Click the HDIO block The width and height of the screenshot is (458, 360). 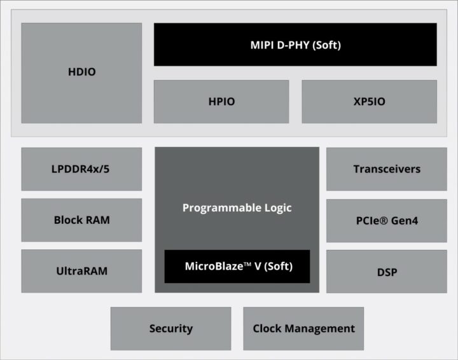(81, 73)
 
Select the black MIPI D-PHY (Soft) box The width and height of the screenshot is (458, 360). (295, 45)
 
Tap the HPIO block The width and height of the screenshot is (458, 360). (221, 101)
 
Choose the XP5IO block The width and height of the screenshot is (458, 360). (369, 101)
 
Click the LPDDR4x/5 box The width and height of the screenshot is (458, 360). (81, 169)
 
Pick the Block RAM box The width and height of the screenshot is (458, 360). (81, 220)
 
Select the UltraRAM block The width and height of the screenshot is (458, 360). (81, 271)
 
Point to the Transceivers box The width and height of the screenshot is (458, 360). (387, 169)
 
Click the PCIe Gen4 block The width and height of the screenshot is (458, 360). (387, 220)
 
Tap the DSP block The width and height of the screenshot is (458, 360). (387, 272)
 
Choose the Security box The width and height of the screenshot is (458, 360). (170, 328)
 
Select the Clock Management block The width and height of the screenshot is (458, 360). (303, 328)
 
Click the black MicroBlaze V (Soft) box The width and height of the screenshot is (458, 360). (237, 267)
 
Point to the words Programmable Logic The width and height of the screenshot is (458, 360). (237, 208)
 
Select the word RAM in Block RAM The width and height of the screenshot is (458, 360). (97, 220)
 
